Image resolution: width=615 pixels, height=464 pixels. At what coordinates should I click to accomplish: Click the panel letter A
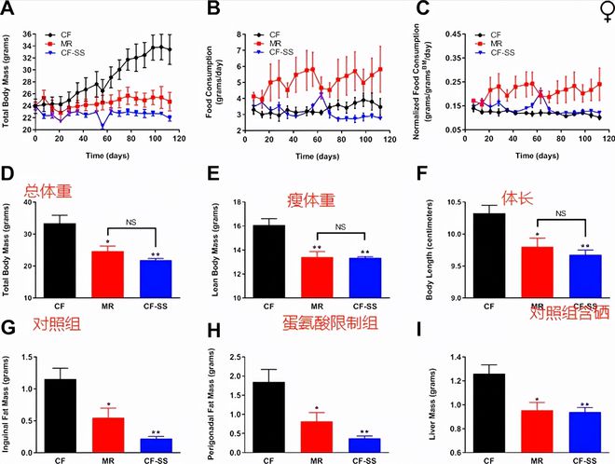tap(8, 10)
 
